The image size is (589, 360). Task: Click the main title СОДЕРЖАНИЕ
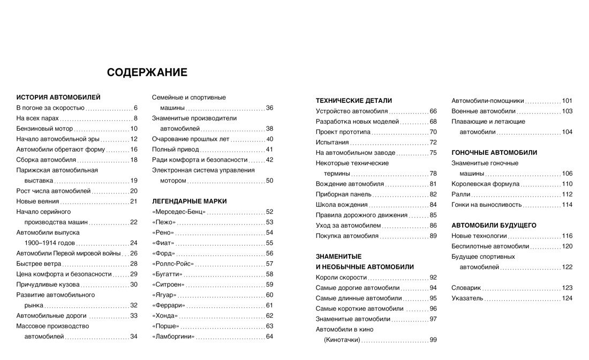pyautogui.click(x=147, y=72)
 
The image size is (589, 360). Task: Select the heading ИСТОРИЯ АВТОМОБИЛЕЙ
pyautogui.click(x=58, y=97)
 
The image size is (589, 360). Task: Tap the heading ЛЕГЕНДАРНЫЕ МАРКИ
pyautogui.click(x=189, y=201)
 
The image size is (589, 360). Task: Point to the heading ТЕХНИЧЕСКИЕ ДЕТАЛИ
pyautogui.click(x=354, y=101)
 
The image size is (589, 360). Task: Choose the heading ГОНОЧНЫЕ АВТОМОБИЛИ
pyautogui.click(x=494, y=153)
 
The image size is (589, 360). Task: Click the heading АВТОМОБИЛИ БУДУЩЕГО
pyautogui.click(x=494, y=226)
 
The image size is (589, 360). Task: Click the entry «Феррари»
pyautogui.click(x=169, y=305)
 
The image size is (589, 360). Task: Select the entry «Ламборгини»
pyautogui.click(x=173, y=336)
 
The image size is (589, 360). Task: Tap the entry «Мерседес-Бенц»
pyautogui.click(x=179, y=212)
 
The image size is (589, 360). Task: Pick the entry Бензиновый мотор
pyautogui.click(x=44, y=129)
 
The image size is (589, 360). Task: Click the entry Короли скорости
pyautogui.click(x=341, y=277)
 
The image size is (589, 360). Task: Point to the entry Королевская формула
pyautogui.click(x=485, y=184)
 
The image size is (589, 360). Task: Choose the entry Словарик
pyautogui.click(x=466, y=288)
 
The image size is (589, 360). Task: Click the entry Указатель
pyautogui.click(x=467, y=298)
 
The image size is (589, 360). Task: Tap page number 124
pyautogui.click(x=567, y=298)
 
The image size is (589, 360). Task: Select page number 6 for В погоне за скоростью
pyautogui.click(x=135, y=108)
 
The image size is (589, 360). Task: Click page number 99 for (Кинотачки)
pyautogui.click(x=433, y=340)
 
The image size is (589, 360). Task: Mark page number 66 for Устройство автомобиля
pyautogui.click(x=433, y=111)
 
